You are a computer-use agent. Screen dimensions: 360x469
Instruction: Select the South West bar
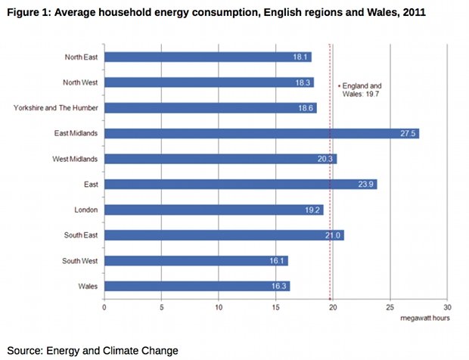[196, 261]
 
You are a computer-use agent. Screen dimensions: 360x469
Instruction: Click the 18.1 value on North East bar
[300, 57]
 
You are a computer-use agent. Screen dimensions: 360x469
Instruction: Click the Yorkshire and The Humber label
[57, 108]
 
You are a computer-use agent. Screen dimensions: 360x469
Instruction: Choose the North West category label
[81, 82]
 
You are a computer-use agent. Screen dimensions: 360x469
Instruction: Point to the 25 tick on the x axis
[390, 308]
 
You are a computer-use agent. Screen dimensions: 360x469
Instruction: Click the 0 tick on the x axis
[104, 308]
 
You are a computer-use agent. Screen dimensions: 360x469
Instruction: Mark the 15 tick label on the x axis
[275, 308]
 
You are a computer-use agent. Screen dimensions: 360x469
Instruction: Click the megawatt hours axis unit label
[426, 318]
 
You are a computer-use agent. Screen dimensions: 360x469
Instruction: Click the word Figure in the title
[22, 14]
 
